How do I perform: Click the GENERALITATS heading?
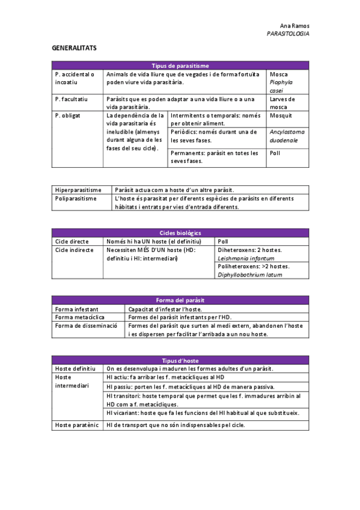(74, 47)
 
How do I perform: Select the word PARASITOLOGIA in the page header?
(288, 34)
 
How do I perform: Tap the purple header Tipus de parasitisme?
(180, 65)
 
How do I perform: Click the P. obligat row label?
(67, 115)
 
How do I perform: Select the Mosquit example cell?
(281, 115)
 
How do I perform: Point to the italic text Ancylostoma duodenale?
(287, 136)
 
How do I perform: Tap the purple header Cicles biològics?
(180, 233)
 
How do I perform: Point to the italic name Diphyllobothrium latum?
(250, 275)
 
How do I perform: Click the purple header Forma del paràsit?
(180, 300)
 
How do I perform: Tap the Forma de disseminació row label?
(85, 325)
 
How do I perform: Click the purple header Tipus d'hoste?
(180, 360)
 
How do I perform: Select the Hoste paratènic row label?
(77, 425)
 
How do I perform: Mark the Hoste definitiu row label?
(75, 368)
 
